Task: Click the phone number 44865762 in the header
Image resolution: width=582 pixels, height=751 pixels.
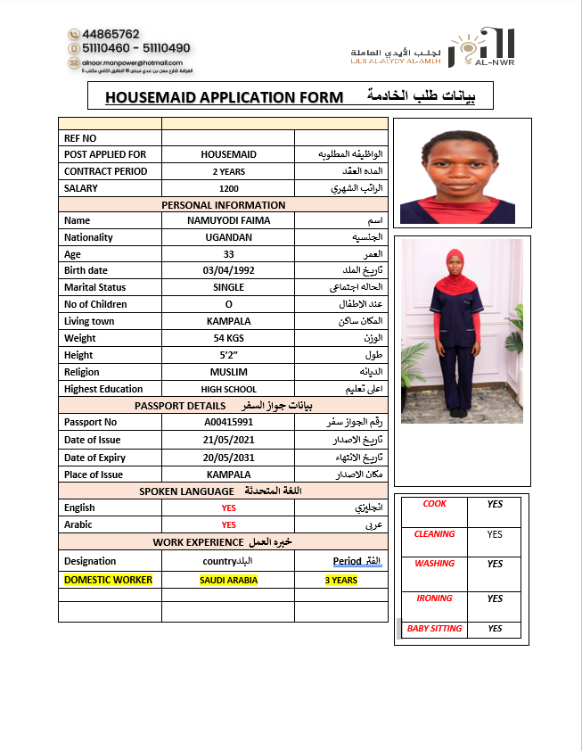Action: [x=110, y=34]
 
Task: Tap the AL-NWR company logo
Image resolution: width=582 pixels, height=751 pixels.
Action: [x=481, y=46]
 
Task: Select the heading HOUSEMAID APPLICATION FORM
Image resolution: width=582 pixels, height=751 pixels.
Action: [x=224, y=97]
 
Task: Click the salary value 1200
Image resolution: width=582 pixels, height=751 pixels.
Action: [x=228, y=188]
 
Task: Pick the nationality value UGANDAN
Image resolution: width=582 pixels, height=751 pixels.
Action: [x=228, y=237]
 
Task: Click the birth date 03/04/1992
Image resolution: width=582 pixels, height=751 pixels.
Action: [x=228, y=270]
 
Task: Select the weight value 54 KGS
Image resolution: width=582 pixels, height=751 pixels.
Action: [x=228, y=338]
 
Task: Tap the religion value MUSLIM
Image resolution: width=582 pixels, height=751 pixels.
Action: [x=228, y=372]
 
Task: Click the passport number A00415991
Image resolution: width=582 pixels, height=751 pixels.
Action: [x=228, y=422]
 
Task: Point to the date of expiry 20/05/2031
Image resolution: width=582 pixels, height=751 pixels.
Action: [x=228, y=458]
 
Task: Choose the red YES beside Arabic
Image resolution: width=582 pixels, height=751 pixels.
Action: [x=228, y=524]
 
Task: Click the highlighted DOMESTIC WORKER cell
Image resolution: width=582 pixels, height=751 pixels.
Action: [x=108, y=580]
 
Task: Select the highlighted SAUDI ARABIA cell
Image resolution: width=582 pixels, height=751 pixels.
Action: [x=228, y=581]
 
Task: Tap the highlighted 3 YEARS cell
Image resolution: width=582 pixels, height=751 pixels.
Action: [x=340, y=581]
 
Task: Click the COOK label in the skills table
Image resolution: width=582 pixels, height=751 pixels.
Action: [x=434, y=504]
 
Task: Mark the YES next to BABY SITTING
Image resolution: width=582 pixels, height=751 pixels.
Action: [x=495, y=629]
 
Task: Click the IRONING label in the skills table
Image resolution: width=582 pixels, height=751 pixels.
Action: [x=434, y=598]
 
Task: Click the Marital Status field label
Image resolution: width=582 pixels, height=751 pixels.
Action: [x=94, y=287]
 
